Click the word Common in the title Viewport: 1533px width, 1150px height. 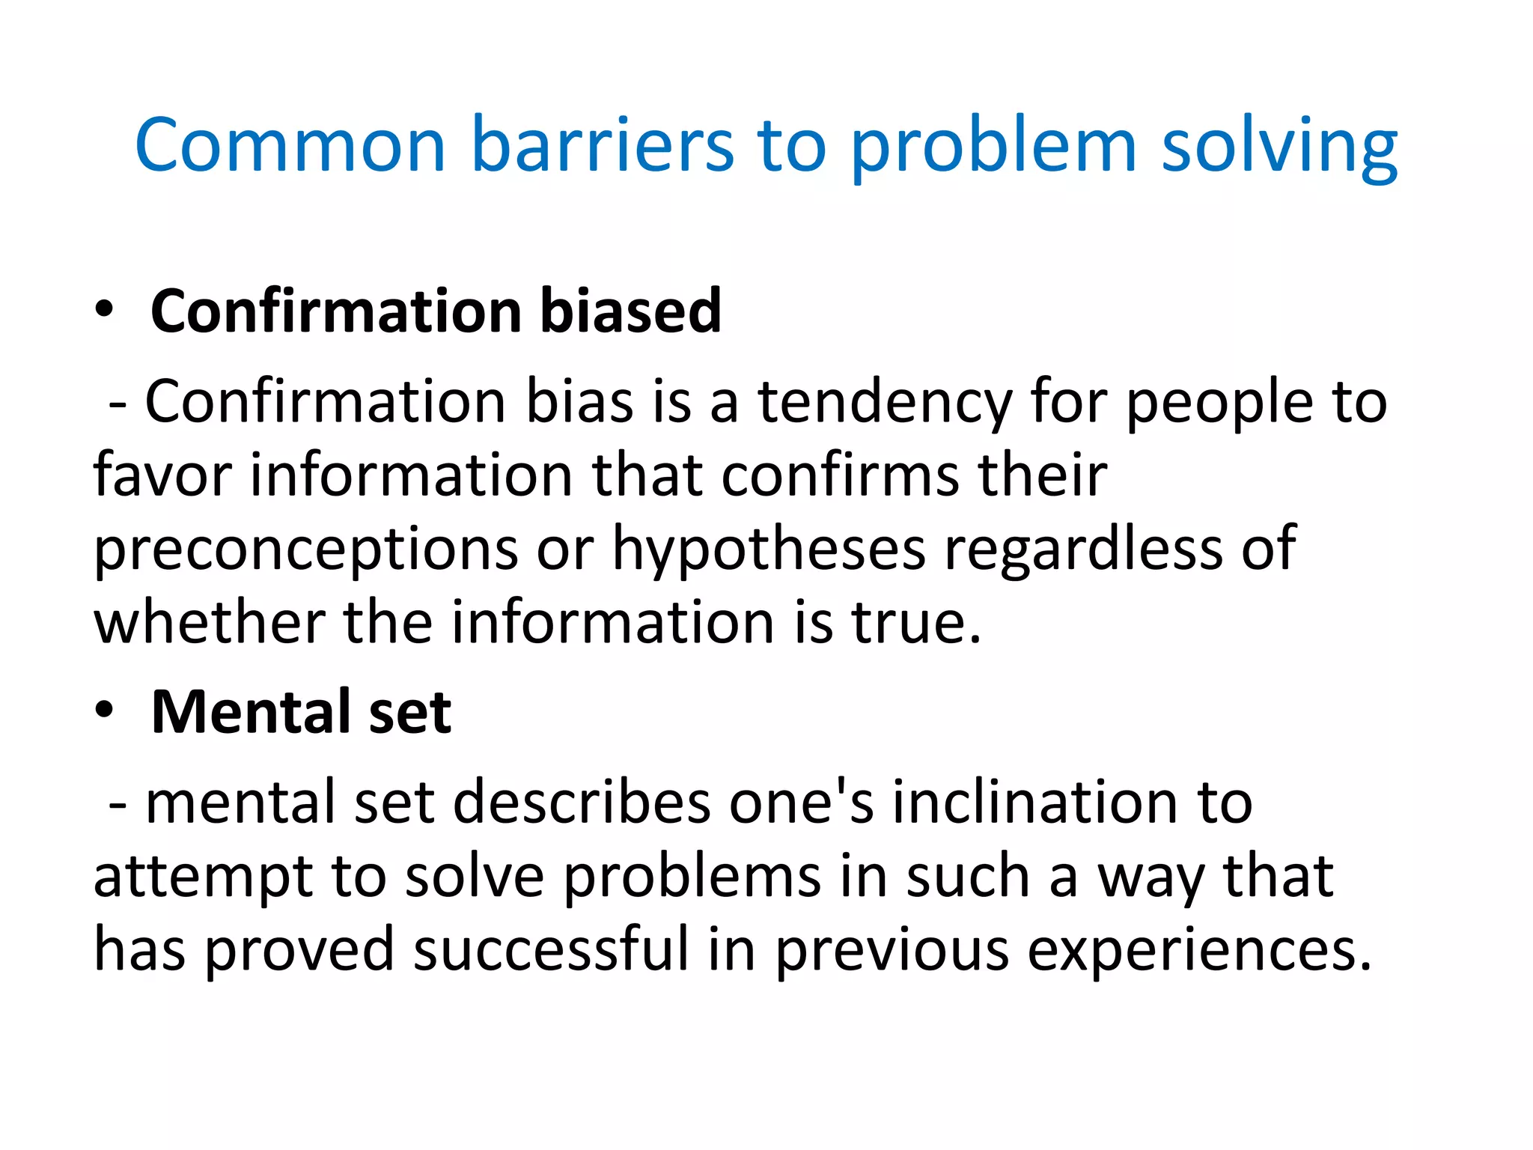coord(290,145)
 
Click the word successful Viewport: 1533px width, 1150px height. coord(550,949)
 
